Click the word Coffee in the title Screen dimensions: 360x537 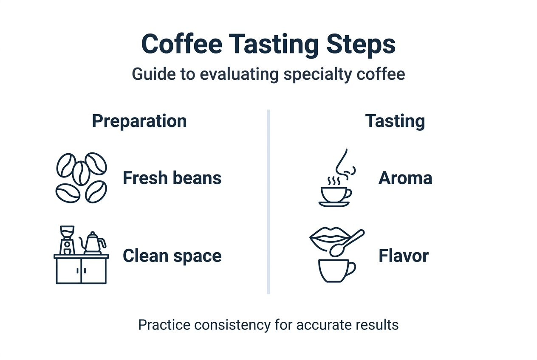coord(181,44)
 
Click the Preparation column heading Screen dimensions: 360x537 coord(139,121)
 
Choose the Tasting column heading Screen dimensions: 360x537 coord(395,121)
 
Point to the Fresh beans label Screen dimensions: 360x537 coord(172,178)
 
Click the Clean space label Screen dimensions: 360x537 coord(172,256)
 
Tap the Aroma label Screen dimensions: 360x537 coord(405,178)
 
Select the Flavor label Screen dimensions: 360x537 coord(403,256)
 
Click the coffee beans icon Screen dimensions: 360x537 coord(81,177)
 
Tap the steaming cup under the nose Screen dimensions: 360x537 coord(335,195)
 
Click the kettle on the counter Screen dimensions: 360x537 coord(93,243)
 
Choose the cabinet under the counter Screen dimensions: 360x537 coord(81,271)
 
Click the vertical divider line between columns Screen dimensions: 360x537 coord(268,202)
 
